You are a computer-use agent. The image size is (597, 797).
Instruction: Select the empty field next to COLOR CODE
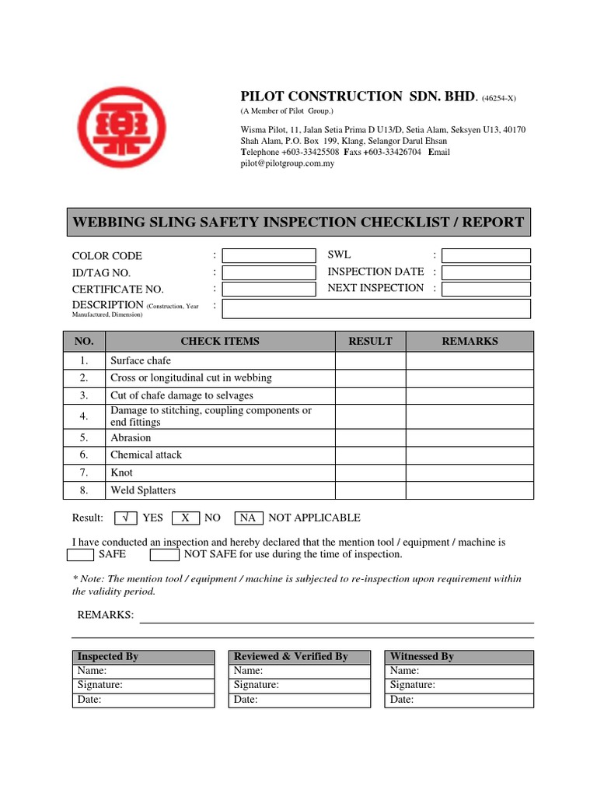click(269, 255)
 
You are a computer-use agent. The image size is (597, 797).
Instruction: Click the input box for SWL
click(487, 255)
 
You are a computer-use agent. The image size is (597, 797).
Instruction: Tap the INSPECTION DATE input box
click(487, 272)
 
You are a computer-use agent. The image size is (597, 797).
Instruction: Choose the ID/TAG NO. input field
click(269, 272)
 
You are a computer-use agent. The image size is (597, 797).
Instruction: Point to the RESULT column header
click(370, 341)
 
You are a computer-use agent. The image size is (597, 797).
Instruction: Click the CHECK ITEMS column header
click(220, 341)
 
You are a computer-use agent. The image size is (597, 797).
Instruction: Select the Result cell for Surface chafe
click(370, 360)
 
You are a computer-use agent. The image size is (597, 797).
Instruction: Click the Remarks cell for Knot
click(470, 472)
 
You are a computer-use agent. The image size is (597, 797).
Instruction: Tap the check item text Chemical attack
click(146, 455)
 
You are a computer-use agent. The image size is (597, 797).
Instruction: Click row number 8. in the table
click(84, 490)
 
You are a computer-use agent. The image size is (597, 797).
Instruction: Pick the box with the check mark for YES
click(126, 518)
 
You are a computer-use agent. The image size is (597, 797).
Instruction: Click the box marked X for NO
click(185, 518)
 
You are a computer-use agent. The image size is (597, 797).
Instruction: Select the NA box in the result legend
click(247, 518)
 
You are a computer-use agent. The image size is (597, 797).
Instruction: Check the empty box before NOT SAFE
click(164, 554)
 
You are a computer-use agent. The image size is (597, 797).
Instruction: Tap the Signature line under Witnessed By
click(460, 685)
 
